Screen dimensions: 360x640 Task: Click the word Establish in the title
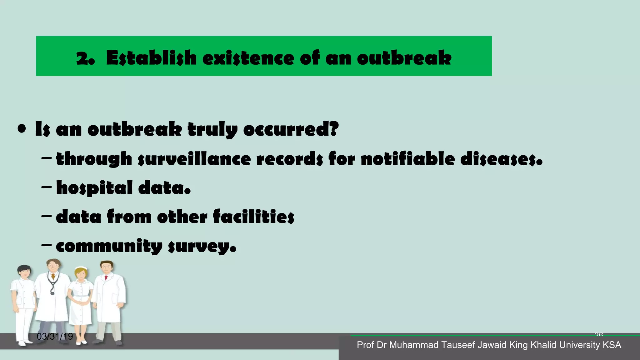(x=151, y=58)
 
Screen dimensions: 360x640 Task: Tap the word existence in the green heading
(x=248, y=58)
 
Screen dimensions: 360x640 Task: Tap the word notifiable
(x=408, y=159)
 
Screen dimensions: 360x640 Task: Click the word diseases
(x=499, y=159)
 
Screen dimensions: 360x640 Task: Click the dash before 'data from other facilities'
(x=46, y=216)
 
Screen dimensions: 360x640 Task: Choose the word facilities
(x=253, y=216)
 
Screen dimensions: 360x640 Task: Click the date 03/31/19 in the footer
(x=55, y=337)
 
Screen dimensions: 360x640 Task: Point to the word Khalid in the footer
(x=544, y=345)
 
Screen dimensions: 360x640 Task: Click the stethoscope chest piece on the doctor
(x=52, y=293)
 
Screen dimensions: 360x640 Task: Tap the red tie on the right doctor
(x=106, y=277)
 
